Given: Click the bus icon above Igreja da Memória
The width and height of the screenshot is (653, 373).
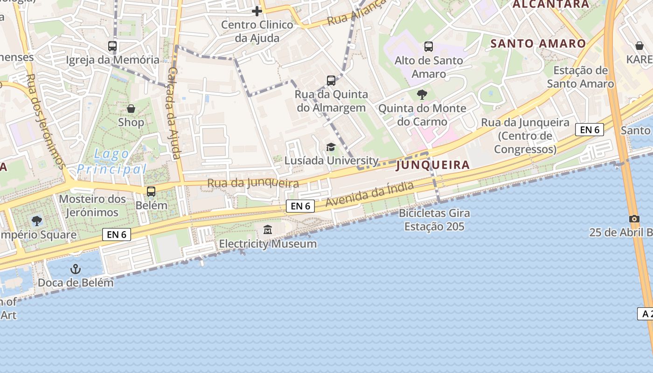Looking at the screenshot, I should click(112, 46).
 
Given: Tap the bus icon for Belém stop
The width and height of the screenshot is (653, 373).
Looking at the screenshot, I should click(151, 191).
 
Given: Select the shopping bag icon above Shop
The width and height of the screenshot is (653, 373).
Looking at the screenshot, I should click(131, 109).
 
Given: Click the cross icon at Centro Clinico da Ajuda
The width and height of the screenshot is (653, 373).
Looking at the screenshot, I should click(257, 11).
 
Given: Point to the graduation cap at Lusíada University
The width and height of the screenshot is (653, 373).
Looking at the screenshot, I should click(331, 147).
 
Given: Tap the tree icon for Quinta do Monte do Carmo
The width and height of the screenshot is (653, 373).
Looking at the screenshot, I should click(422, 95).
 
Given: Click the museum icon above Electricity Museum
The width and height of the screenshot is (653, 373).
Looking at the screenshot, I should click(268, 229).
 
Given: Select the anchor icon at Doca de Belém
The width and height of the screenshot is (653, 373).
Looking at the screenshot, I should click(75, 269).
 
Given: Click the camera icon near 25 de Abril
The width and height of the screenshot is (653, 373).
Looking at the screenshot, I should click(634, 219).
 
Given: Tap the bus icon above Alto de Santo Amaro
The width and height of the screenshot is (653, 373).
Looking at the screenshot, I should click(429, 46).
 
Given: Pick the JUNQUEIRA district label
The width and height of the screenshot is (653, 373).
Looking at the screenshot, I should click(433, 165).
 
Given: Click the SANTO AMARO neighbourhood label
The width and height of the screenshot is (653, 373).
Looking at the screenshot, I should click(538, 44).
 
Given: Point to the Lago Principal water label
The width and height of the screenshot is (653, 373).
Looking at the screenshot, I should click(112, 161).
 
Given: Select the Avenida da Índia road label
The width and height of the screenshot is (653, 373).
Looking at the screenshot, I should click(369, 194).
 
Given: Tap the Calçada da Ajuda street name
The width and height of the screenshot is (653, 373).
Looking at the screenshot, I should click(174, 113).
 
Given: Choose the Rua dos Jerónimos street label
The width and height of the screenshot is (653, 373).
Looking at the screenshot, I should click(45, 121).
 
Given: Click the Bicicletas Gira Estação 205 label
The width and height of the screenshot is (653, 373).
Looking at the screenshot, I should click(434, 220).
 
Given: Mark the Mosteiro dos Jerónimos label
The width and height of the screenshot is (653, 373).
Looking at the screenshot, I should click(92, 206).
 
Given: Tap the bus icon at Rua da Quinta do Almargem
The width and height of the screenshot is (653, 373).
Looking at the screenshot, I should click(331, 81).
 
